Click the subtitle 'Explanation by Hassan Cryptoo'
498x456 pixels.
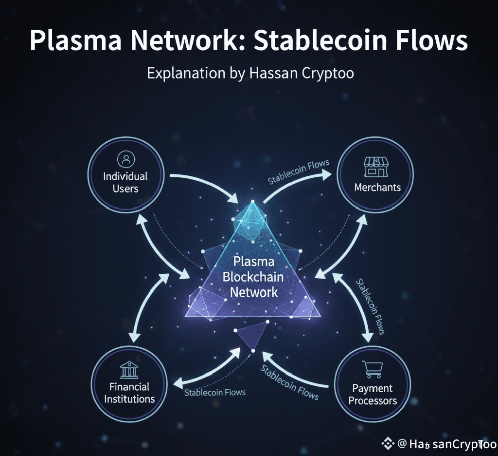click(250, 74)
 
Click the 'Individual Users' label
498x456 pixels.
click(125, 182)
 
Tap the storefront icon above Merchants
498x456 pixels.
click(377, 167)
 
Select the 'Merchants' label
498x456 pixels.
click(377, 187)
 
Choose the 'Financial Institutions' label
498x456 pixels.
click(129, 393)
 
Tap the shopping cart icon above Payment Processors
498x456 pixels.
click(373, 370)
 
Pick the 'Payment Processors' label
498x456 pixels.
click(373, 395)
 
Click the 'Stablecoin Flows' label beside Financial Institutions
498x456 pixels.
click(215, 392)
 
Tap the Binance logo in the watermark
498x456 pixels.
click(388, 443)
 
